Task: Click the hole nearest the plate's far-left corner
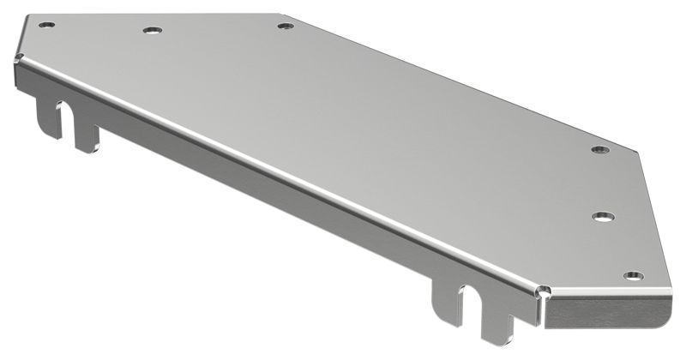47,25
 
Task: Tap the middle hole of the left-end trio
153,30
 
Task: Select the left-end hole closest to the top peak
286,26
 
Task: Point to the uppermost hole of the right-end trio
599,150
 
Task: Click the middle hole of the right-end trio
603,214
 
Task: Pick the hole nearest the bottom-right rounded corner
633,275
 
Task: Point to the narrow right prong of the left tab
85,137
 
